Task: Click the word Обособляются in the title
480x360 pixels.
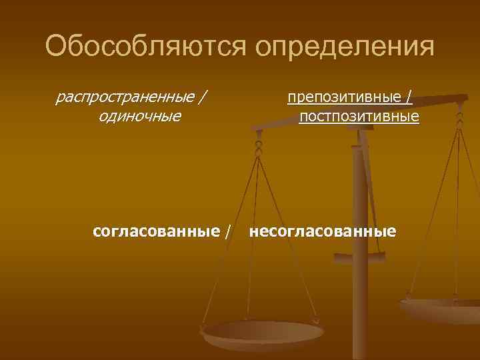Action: coord(145,47)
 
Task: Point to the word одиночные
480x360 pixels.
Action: coord(139,117)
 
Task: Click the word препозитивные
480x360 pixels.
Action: coord(344,98)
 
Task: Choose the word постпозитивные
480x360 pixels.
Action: coord(359,117)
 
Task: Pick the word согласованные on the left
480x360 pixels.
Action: coord(157,231)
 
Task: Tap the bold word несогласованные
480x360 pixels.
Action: coord(322,231)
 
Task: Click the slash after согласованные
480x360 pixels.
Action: coord(229,231)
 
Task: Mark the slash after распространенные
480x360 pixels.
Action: coord(201,98)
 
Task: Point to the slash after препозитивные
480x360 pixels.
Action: coord(407,98)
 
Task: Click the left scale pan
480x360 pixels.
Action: coord(263,333)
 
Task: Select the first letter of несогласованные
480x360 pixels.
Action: coord(253,232)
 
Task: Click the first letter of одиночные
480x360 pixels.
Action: coord(101,117)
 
